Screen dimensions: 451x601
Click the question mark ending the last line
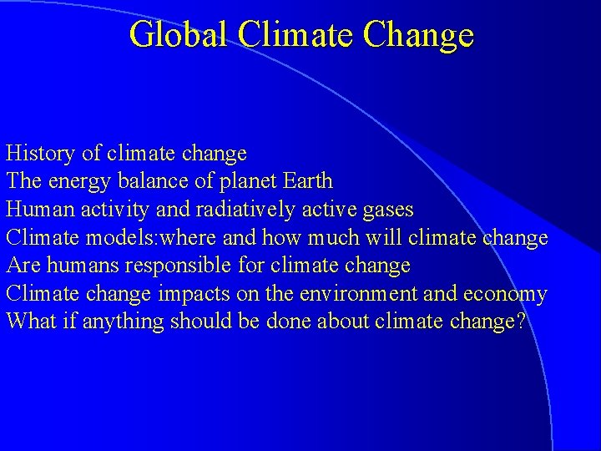522,322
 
